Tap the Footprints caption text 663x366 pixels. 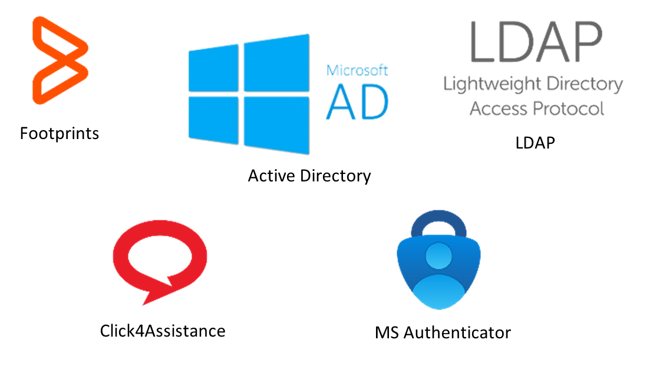(59, 134)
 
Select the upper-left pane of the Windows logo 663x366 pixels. (213, 68)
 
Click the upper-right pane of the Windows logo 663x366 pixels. (276, 63)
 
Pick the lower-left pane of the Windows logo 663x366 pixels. (213, 120)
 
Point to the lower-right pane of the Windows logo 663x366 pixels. (276, 125)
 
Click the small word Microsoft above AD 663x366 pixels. (357, 70)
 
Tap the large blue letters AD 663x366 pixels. (357, 102)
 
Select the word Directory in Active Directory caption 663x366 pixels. (335, 176)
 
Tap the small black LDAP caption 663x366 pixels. (535, 143)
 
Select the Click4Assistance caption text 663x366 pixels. (163, 331)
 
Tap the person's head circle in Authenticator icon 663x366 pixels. (438, 256)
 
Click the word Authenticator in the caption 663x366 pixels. (457, 333)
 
